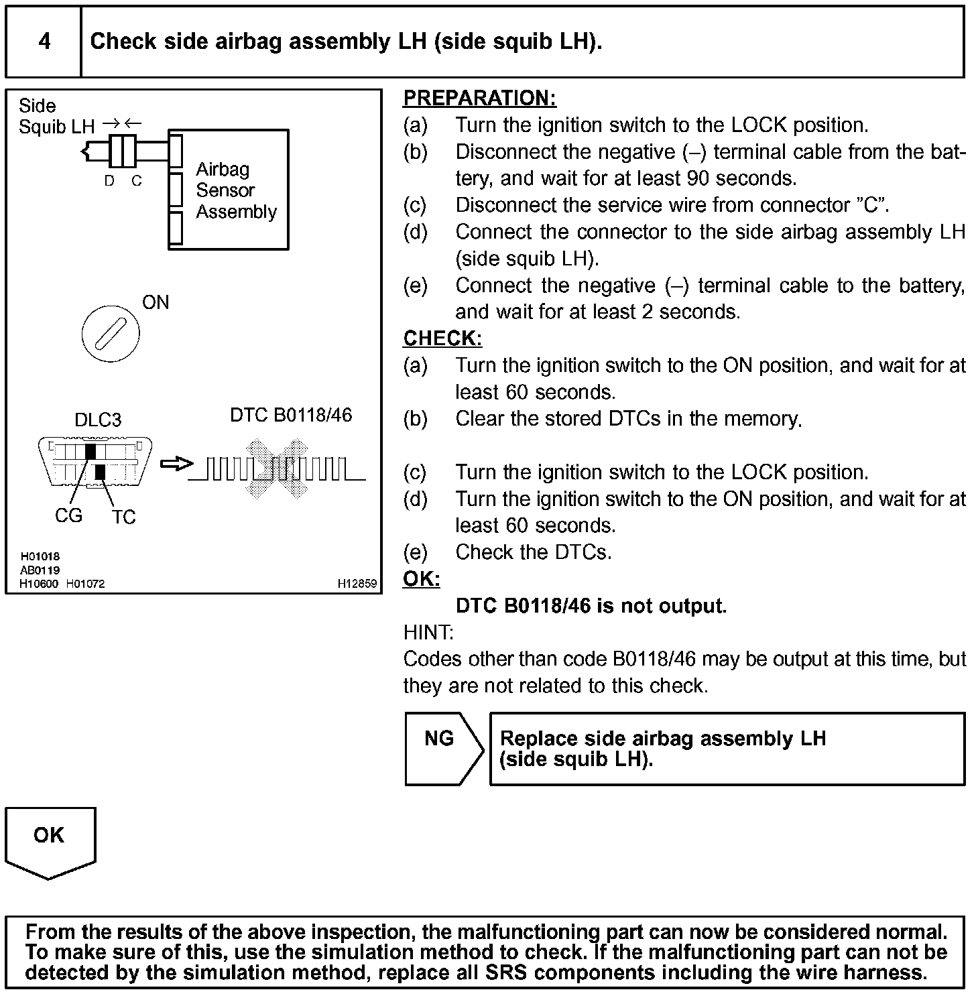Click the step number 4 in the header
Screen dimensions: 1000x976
tap(44, 42)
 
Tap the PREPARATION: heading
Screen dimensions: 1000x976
tap(479, 99)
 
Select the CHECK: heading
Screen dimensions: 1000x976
tap(442, 338)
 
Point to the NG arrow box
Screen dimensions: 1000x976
tap(442, 748)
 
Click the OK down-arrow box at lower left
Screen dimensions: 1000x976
tap(50, 840)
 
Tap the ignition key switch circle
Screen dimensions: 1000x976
tap(111, 333)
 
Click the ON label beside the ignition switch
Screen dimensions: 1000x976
tap(156, 302)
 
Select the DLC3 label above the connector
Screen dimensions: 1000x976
tap(98, 420)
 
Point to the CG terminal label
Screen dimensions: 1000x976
tap(68, 515)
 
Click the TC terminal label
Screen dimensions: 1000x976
tap(123, 517)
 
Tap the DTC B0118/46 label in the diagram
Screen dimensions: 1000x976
tap(291, 416)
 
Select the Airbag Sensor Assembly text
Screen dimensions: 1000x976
tap(236, 190)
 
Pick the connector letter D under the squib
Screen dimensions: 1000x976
tap(109, 181)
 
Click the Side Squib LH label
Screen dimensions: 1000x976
tap(56, 116)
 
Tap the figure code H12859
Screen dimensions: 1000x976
tap(357, 584)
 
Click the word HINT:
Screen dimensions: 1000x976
tap(428, 632)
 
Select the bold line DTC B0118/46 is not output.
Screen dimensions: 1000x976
tap(591, 606)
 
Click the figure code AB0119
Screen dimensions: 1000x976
tap(40, 570)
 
